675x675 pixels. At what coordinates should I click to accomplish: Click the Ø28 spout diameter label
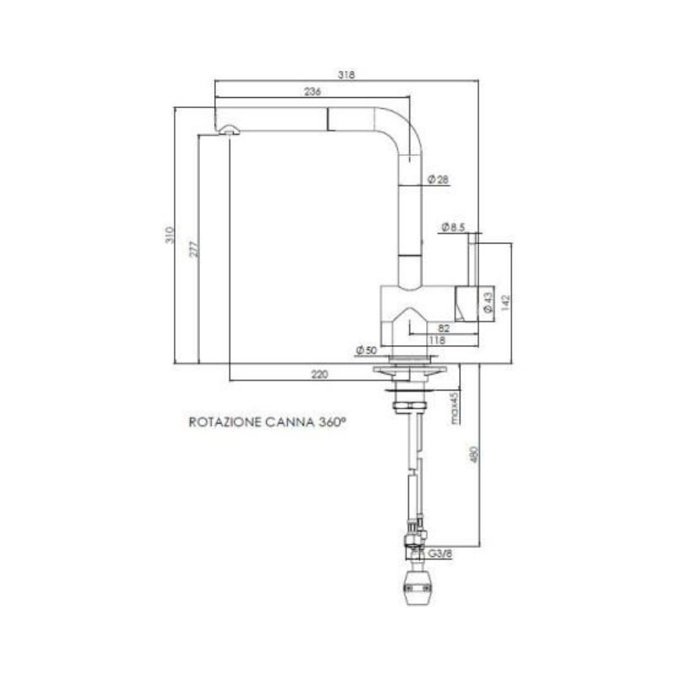(x=439, y=179)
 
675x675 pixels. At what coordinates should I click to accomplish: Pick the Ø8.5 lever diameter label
(x=454, y=226)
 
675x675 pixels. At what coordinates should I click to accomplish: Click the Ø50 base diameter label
(x=365, y=349)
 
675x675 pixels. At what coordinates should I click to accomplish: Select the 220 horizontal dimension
(x=319, y=375)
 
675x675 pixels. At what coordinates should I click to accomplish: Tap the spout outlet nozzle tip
(x=229, y=129)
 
